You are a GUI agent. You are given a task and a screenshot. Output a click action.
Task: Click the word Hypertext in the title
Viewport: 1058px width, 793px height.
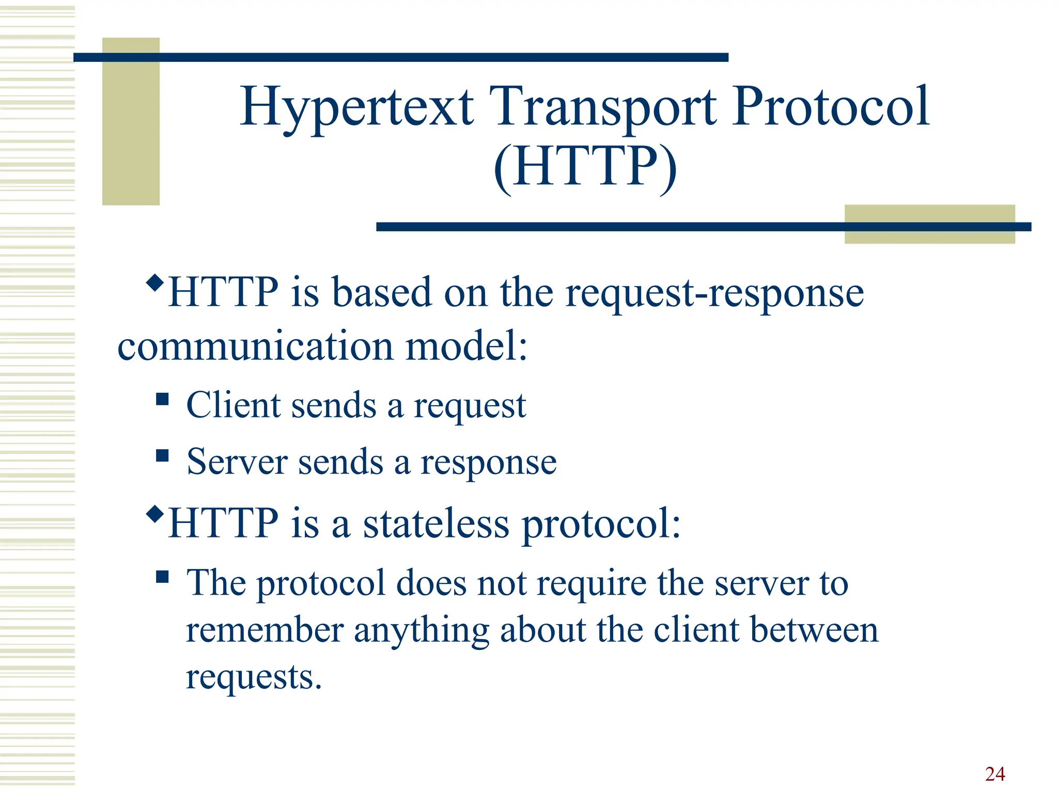(356, 107)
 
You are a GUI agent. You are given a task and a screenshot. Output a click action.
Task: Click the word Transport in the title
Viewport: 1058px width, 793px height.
(602, 107)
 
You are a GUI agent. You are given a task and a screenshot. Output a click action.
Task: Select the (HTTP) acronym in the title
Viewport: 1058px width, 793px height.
(585, 166)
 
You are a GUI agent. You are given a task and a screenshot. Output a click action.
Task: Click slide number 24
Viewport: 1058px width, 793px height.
(994, 774)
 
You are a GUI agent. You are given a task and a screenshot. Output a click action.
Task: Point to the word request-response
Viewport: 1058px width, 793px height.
(714, 293)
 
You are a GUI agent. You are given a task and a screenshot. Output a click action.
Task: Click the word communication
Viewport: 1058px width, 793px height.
(255, 346)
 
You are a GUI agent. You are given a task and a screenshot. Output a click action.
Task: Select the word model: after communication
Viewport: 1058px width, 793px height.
(466, 346)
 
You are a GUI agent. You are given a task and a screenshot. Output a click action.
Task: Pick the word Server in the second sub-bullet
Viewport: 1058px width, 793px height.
(237, 462)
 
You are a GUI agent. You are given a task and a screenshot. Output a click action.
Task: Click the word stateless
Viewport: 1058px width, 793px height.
(436, 524)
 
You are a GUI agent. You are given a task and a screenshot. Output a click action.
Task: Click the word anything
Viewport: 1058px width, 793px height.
(421, 631)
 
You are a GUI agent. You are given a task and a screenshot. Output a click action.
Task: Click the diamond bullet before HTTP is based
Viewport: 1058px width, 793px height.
(155, 282)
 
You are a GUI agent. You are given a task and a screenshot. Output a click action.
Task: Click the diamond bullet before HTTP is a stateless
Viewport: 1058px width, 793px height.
(155, 514)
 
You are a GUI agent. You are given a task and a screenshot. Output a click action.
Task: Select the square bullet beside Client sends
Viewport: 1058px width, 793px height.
(162, 399)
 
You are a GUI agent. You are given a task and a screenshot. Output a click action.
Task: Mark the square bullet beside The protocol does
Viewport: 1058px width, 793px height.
(162, 576)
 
